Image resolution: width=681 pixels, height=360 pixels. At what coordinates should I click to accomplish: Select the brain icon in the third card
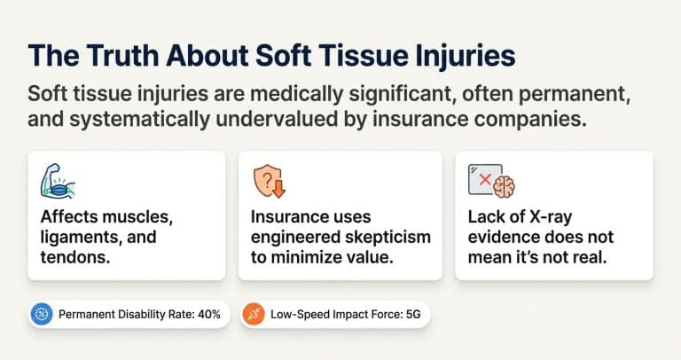point(504,185)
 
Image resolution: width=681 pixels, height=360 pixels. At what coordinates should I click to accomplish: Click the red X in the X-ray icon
point(485,178)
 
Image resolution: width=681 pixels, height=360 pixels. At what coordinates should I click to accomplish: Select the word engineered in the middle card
point(294,238)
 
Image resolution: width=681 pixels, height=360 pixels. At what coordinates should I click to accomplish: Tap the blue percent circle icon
point(42,314)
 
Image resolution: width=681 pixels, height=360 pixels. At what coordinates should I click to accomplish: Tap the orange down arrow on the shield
point(275,188)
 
